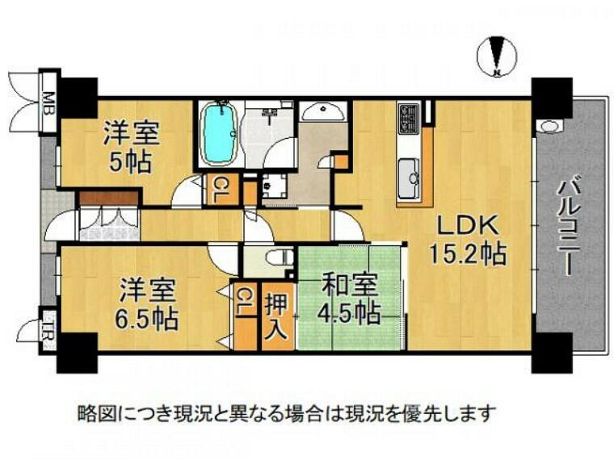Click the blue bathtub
pyautogui.click(x=219, y=133)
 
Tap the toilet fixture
pyautogui.click(x=280, y=257)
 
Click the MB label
pyautogui.click(x=49, y=102)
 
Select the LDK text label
pyautogui.click(x=467, y=226)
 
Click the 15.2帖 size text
pyautogui.click(x=468, y=253)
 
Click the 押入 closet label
pyautogui.click(x=278, y=317)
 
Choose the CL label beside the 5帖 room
pyautogui.click(x=221, y=190)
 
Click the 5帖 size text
pyautogui.click(x=130, y=162)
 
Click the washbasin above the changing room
pyautogui.click(x=323, y=111)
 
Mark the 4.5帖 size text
pyautogui.click(x=350, y=313)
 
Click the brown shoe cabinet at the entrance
pyautogui.click(x=109, y=198)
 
